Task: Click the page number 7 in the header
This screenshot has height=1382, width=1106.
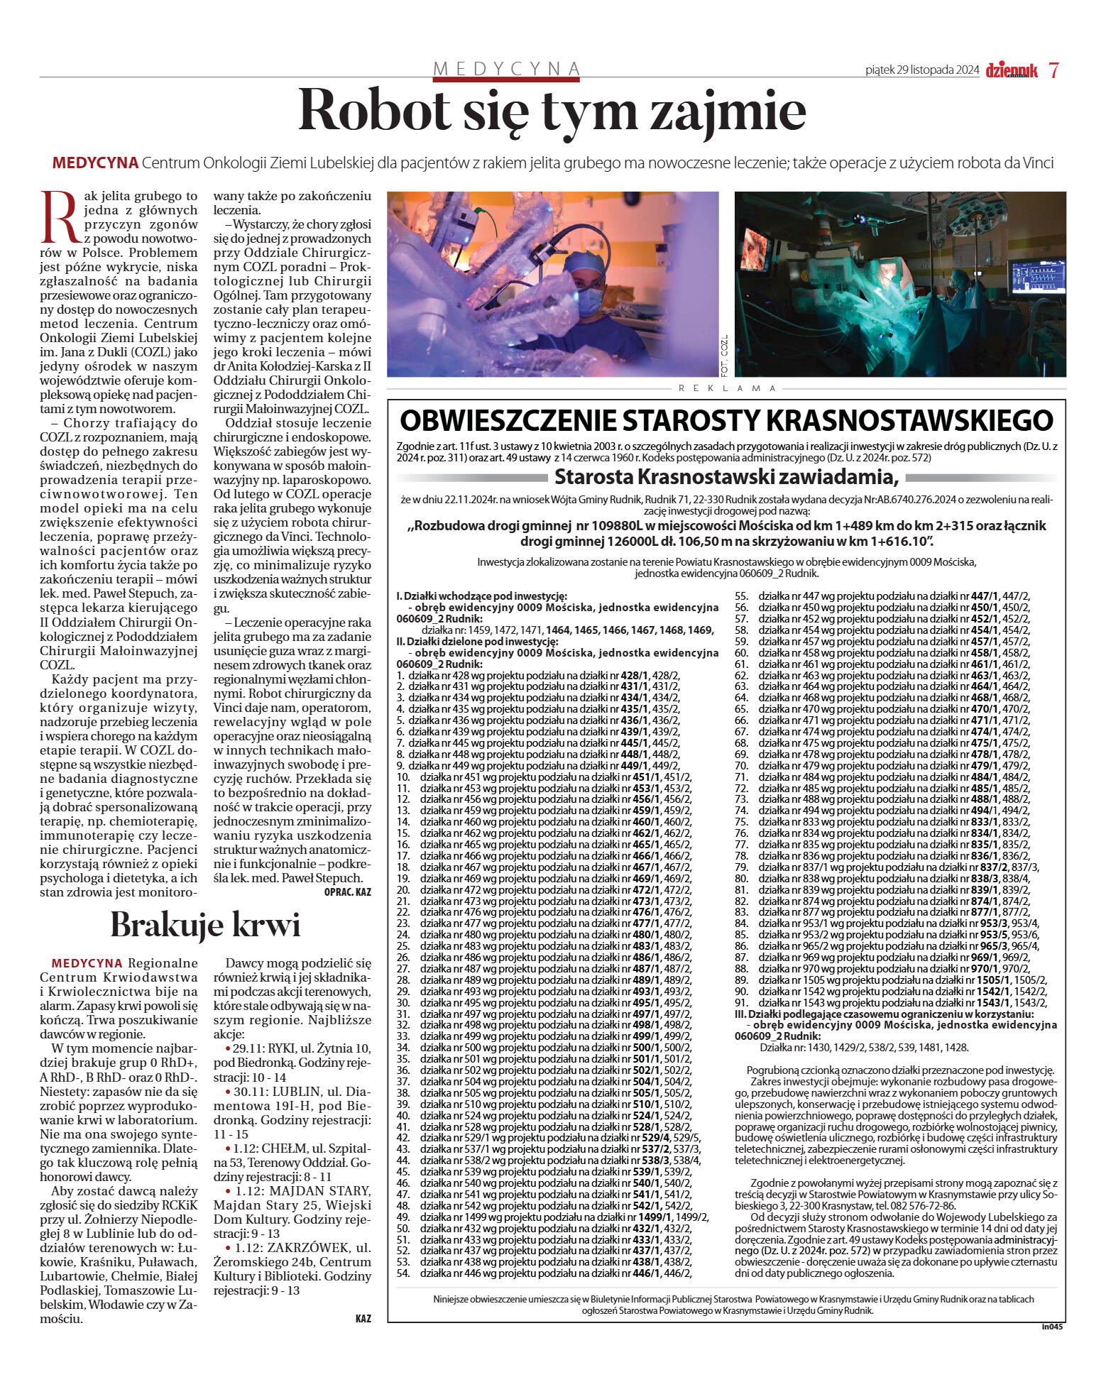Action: point(1054,70)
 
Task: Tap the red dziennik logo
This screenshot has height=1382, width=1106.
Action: point(1011,70)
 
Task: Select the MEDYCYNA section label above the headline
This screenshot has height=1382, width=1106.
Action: point(507,68)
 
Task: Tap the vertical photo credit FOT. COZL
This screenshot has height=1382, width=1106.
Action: point(725,355)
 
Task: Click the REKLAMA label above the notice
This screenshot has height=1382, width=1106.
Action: point(727,388)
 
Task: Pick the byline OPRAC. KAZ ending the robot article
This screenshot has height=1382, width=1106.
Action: point(347,892)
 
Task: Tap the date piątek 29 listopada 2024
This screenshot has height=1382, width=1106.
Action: point(921,70)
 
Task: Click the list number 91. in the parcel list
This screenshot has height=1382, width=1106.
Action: point(742,1002)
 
